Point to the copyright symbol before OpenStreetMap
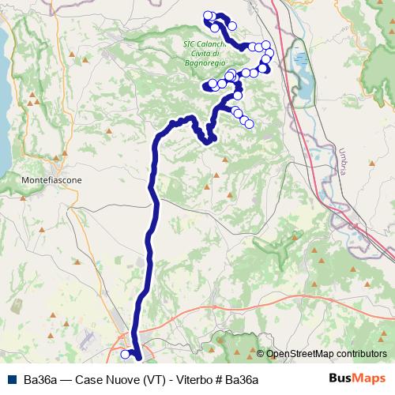(261, 355)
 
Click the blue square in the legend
(12, 380)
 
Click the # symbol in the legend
(216, 380)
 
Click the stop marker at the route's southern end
(125, 355)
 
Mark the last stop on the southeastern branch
(250, 123)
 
